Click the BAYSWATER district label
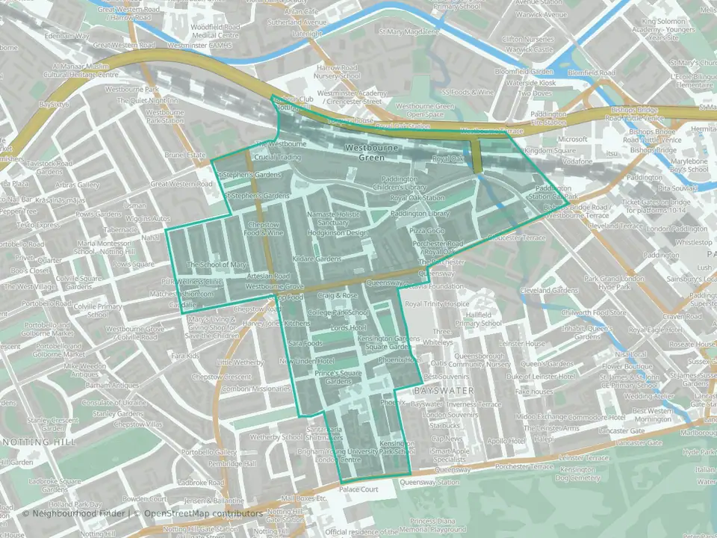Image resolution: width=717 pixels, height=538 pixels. click(439, 391)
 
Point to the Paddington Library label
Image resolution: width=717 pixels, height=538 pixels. click(418, 214)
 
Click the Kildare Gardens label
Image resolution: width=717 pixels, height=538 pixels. click(317, 259)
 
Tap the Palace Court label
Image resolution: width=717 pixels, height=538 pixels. click(358, 490)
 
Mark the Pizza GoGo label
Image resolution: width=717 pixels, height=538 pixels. click(427, 232)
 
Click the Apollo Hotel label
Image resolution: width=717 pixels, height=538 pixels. click(506, 441)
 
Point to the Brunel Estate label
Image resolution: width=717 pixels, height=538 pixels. click(185, 155)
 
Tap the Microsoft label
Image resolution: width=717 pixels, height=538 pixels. click(573, 139)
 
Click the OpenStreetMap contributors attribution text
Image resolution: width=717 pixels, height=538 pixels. click(204, 513)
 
